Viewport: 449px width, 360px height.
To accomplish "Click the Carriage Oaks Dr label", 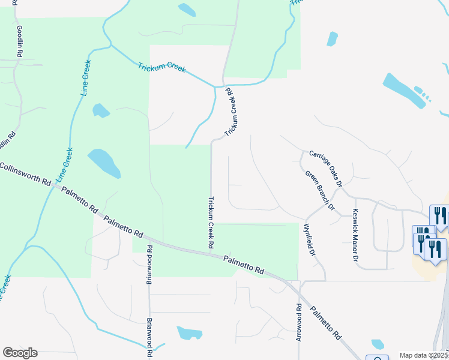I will coord(325,168).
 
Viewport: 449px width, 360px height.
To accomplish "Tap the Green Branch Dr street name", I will coord(319,190).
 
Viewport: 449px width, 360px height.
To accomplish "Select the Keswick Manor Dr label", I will coord(355,235).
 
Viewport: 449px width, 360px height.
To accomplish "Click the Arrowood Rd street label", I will coord(298,322).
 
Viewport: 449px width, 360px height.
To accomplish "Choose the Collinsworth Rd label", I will coord(25,175).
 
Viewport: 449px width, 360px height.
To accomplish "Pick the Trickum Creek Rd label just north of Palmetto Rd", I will coord(211,222).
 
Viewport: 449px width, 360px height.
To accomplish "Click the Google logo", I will coord(20,353).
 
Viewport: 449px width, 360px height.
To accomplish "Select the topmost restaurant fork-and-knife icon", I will coord(439,215).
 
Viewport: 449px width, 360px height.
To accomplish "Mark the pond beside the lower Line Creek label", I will coord(104,162).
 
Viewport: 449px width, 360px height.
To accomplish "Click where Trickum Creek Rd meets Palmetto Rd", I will coord(211,254).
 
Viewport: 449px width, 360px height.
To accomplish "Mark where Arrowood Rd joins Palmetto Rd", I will coord(298,289).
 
